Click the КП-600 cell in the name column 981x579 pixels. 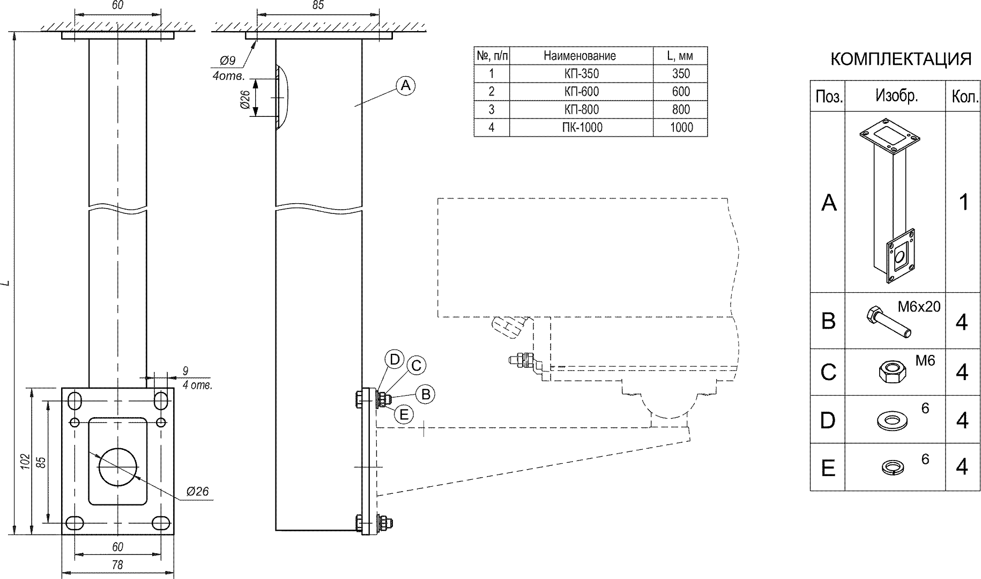pos(581,92)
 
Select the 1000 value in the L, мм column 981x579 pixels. pos(681,128)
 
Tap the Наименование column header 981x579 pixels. pos(579,56)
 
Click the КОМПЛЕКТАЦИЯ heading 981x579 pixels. pos(901,60)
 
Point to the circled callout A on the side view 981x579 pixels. pos(406,85)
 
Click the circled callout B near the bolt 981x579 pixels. pos(426,395)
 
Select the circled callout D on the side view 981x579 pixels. pos(395,360)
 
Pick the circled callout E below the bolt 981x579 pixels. pos(404,414)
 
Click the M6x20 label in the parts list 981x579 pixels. pos(919,307)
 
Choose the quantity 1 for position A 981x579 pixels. pos(963,203)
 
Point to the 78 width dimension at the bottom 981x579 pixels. pos(117,565)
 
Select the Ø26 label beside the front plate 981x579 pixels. pos(197,491)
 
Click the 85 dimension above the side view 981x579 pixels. pos(318,5)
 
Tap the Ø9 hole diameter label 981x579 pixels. pos(228,61)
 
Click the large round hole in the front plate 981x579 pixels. pos(118,466)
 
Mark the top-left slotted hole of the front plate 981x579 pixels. pos(75,400)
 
